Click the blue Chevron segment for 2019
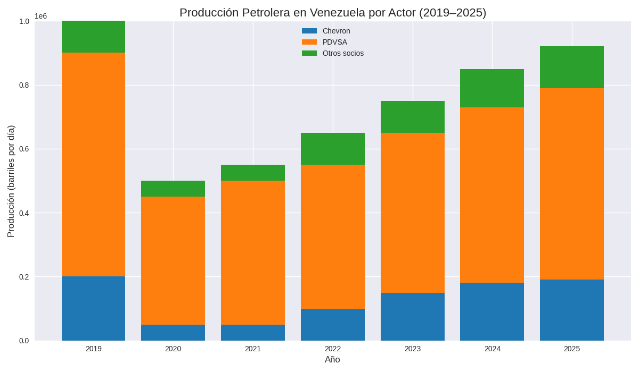click(93, 308)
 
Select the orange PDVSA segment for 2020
click(173, 260)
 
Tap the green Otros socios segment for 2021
click(253, 173)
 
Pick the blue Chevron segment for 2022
click(333, 324)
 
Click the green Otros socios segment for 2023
click(413, 117)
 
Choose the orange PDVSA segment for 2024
click(492, 195)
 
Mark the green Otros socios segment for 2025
click(572, 67)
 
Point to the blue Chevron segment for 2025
click(572, 310)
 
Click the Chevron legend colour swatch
click(309, 31)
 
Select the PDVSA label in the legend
click(334, 42)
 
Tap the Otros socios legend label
click(343, 53)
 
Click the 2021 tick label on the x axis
click(253, 349)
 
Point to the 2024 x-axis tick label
click(492, 349)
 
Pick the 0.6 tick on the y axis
click(24, 149)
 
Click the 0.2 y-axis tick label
click(24, 277)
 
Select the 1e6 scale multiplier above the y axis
click(41, 16)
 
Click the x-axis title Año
click(332, 360)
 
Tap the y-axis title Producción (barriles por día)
click(11, 181)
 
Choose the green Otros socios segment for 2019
click(93, 37)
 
